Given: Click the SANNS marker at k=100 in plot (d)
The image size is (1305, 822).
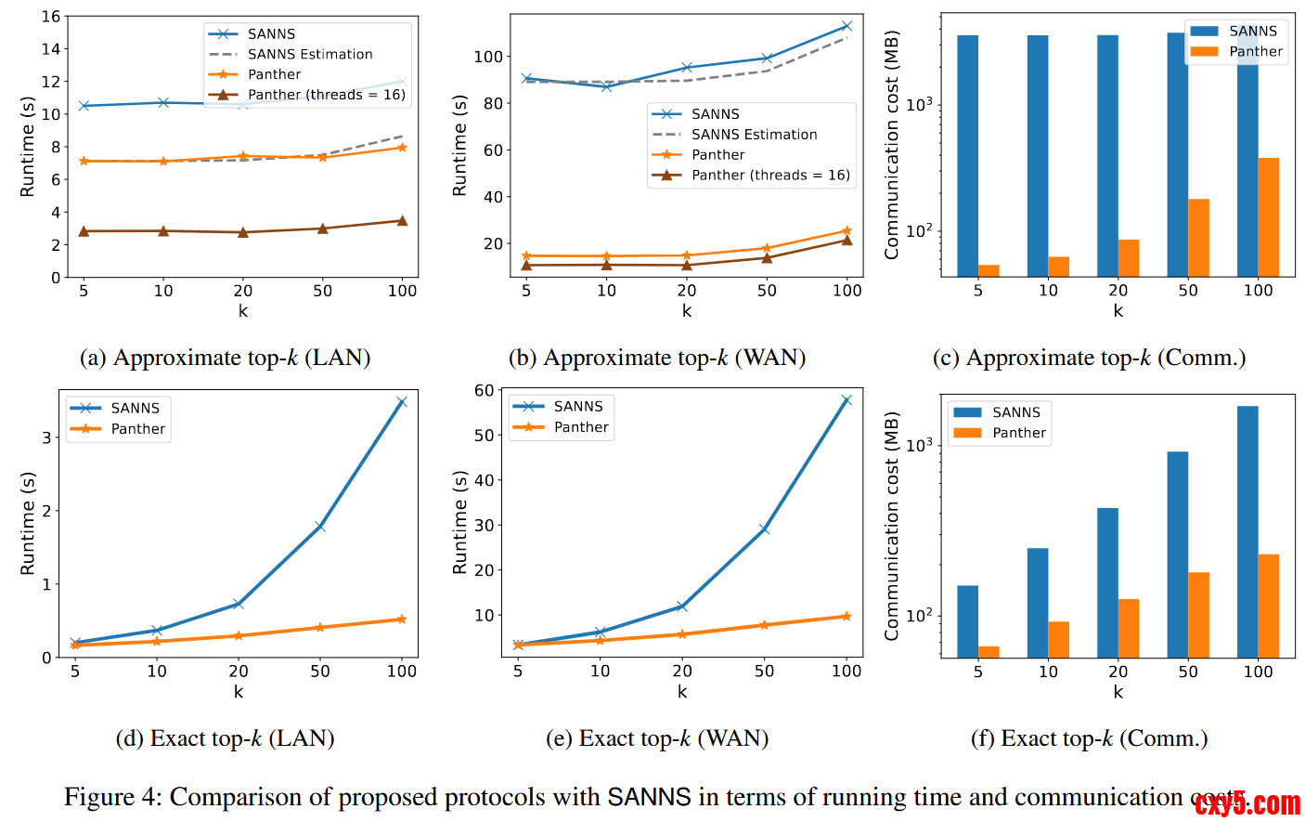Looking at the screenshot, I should (402, 401).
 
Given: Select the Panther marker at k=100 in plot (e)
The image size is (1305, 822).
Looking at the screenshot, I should (846, 616).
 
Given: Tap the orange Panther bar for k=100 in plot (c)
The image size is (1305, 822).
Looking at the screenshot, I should (1269, 217).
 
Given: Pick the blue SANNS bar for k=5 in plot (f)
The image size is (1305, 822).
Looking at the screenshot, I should (968, 621).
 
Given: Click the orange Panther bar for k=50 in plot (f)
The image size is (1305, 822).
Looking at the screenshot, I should (1199, 615).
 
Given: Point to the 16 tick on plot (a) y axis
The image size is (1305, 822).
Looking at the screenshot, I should (51, 17).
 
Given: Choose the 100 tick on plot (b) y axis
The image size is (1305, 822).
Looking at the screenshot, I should (488, 57).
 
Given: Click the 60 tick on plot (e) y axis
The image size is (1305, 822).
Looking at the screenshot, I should (485, 390).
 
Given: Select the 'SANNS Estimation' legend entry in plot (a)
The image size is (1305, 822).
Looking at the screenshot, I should (310, 54).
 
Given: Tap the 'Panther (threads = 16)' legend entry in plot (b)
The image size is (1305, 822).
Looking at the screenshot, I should (770, 175).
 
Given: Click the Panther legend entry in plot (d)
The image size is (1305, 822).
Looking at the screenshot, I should (138, 428).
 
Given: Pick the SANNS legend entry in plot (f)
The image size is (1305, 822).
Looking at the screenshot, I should (1016, 412).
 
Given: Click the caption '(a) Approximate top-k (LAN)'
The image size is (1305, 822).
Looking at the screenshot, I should (226, 358).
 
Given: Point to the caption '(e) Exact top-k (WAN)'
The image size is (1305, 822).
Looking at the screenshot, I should (657, 738).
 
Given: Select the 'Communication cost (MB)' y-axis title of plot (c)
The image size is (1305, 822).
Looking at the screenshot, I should (892, 145).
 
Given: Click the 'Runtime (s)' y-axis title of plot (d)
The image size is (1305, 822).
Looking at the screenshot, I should (28, 523).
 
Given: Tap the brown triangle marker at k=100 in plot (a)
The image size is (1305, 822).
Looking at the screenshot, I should (402, 220).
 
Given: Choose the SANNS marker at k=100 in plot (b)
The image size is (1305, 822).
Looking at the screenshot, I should (846, 26).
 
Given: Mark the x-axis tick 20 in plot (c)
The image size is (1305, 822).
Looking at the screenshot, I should (1118, 290).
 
